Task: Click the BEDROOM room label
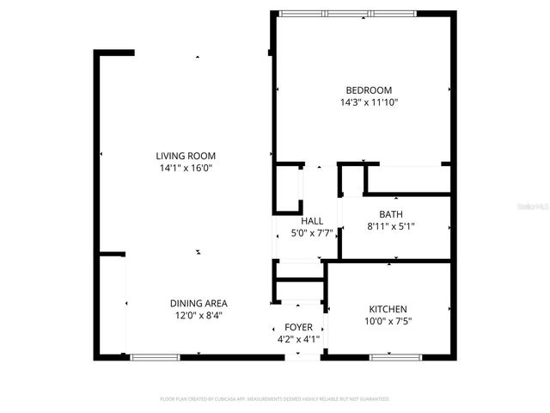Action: [369, 90]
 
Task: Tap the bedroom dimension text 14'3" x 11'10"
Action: [369, 102]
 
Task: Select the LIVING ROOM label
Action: [186, 156]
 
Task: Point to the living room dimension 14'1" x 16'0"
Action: [186, 168]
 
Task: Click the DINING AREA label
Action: [199, 303]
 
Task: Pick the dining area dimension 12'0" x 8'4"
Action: [199, 315]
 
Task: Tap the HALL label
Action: [312, 220]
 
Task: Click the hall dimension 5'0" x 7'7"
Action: [312, 232]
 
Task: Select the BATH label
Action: [391, 215]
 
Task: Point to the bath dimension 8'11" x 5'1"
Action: [391, 227]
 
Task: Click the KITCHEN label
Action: [388, 309]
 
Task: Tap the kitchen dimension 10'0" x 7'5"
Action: [388, 321]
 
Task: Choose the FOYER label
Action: [298, 327]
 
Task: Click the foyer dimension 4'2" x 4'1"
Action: [298, 339]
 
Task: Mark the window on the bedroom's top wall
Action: [348, 13]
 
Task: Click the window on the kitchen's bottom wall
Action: [394, 356]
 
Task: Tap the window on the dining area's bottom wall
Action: [156, 356]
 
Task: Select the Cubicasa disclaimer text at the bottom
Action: [275, 399]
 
